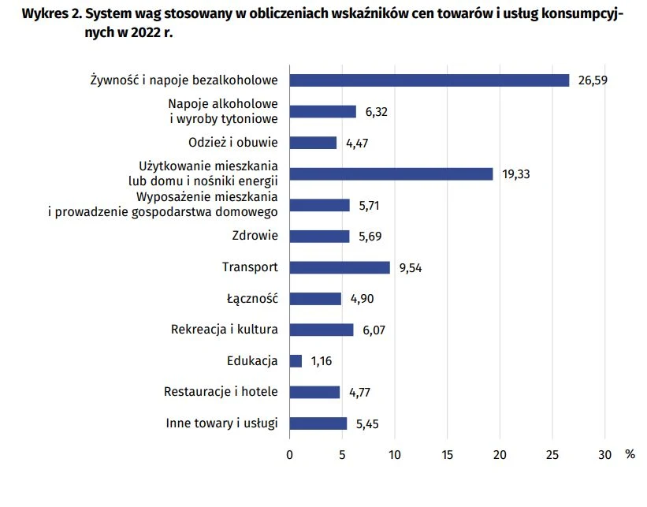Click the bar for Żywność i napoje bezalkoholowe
[x=429, y=80]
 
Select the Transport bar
[x=340, y=267]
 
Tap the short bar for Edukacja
[x=296, y=361]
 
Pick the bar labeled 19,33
[x=391, y=174]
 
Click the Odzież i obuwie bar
[x=313, y=143]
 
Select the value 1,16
[x=322, y=361]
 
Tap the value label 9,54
[x=411, y=267]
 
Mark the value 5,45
[x=368, y=423]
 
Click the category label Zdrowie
[x=255, y=236]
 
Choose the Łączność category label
[x=251, y=299]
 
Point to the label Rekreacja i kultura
[x=225, y=330]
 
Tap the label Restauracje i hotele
[x=221, y=392]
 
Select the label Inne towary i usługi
[x=221, y=423]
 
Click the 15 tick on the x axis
[x=447, y=454]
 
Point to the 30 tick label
[x=604, y=454]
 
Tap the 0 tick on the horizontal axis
[x=289, y=454]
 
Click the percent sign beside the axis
[x=630, y=454]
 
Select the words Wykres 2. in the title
[x=50, y=16]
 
